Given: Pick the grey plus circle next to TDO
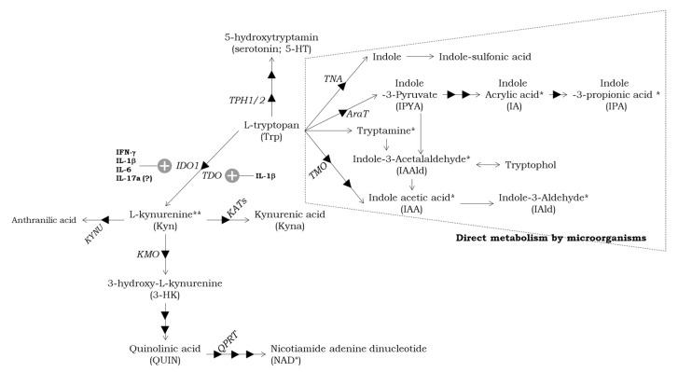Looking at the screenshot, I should (x=232, y=175).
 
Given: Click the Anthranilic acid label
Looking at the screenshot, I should (x=43, y=220).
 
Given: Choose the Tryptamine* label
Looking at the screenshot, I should (x=385, y=131).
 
